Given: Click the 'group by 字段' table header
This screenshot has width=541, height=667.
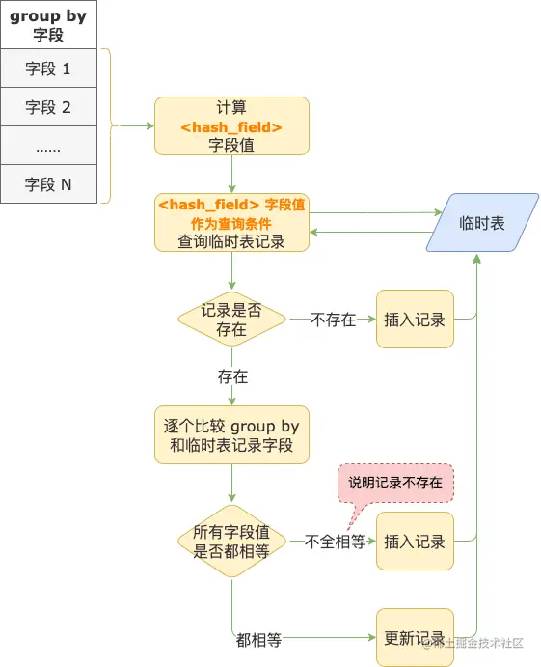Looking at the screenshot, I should [x=48, y=25].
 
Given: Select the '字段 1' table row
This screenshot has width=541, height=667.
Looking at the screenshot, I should [x=48, y=69].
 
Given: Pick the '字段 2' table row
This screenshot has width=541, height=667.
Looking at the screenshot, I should [x=48, y=107].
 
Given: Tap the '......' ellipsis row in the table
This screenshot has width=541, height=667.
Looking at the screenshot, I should [x=48, y=145].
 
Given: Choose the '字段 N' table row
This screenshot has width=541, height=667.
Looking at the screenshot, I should [x=48, y=183].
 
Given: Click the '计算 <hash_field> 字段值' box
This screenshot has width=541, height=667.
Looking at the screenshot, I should [x=231, y=125].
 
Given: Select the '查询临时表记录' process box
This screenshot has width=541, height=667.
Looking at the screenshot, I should [x=231, y=223].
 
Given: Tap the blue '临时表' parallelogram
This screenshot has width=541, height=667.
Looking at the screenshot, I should [x=482, y=223].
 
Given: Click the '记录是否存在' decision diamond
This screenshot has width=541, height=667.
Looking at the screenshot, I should [x=231, y=319].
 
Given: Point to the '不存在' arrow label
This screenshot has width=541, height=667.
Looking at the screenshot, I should [x=333, y=320].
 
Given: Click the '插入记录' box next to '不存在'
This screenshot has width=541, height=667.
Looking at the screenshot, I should [x=414, y=319].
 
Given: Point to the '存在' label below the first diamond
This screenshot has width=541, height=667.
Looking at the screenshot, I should [x=232, y=375].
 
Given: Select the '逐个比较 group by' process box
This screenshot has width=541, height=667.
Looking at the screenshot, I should [x=231, y=435].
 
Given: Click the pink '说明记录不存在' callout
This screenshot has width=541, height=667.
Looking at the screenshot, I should [x=395, y=482].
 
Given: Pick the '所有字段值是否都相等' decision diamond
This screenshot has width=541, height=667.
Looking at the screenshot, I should [x=231, y=542].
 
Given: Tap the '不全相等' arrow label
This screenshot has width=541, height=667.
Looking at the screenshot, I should [x=335, y=542].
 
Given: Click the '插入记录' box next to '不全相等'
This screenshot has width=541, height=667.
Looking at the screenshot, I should [x=414, y=542].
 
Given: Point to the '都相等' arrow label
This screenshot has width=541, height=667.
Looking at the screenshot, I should [x=258, y=639].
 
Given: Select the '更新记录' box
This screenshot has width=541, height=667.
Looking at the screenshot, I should [x=414, y=637].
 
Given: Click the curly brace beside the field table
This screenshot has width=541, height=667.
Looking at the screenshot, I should [x=109, y=125].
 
